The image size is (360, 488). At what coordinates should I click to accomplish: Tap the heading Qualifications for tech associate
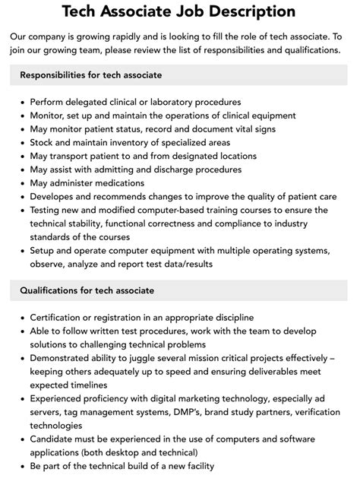point(87,290)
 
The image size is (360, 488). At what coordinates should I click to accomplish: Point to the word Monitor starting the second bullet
point(49,115)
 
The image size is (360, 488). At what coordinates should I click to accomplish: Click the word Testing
point(48,211)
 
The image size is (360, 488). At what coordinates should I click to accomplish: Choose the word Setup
point(44,252)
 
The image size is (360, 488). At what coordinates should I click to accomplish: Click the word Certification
point(62,316)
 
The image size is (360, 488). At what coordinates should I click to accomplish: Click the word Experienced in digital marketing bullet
point(62,398)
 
